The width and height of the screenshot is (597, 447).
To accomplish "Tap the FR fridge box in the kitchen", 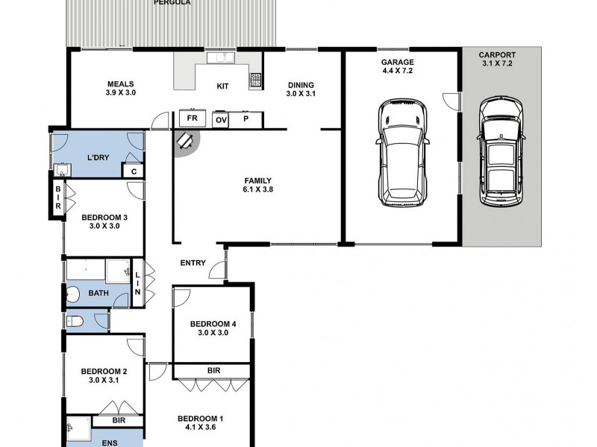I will click(192, 119).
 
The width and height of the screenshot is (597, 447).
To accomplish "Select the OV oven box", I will click(221, 119).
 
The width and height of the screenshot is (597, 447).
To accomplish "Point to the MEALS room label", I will click(120, 84).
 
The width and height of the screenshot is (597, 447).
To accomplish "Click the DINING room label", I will click(301, 85).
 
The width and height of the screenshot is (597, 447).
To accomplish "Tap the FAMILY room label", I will click(257, 180).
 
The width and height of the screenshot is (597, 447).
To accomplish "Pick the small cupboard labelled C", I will click(133, 172).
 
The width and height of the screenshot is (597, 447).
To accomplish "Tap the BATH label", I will click(98, 293).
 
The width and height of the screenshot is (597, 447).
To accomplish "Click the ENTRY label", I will click(193, 263).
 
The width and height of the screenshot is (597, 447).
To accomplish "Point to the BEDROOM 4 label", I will click(213, 323).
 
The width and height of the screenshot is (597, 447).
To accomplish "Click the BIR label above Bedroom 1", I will click(213, 370).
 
